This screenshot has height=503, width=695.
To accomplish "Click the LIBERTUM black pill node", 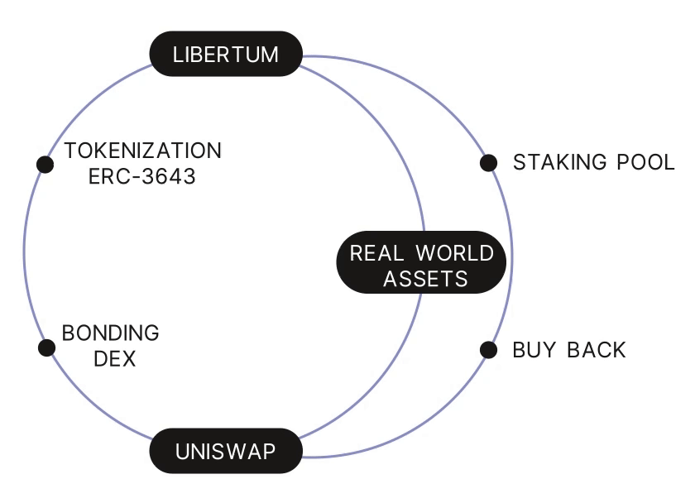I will tap(225, 55).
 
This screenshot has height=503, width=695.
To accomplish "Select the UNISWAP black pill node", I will tap(225, 451).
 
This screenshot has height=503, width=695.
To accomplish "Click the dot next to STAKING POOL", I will tap(488, 162).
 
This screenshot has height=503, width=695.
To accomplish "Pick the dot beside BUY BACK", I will tap(488, 350).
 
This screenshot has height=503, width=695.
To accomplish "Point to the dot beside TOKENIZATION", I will tap(46, 164).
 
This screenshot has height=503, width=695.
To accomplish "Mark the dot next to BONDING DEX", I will tap(46, 347).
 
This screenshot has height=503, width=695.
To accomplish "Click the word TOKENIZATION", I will tap(143, 151).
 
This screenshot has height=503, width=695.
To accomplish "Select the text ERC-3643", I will tap(142, 176).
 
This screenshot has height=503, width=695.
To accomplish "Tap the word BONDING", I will tap(111, 333).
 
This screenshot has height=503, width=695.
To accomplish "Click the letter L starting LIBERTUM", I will tap(177, 55).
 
